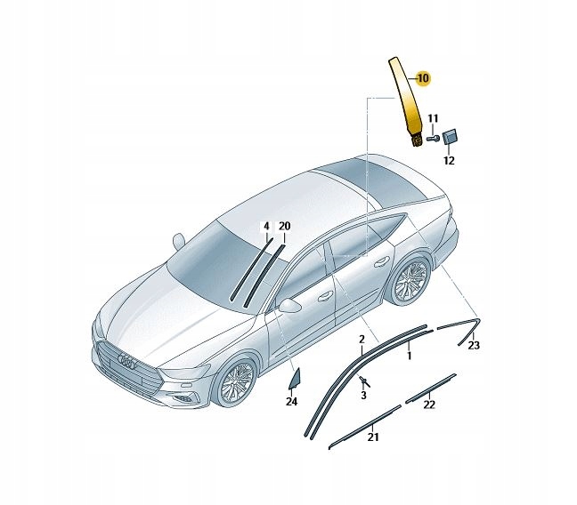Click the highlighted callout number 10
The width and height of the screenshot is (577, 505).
(422, 79)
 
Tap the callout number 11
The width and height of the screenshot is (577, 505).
(433, 118)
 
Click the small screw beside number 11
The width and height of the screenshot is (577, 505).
(432, 138)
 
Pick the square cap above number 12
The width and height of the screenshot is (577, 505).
(450, 136)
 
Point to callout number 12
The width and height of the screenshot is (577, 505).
(449, 161)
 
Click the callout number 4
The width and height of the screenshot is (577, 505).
(265, 227)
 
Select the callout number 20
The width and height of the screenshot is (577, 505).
(284, 227)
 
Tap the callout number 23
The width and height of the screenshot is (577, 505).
(474, 345)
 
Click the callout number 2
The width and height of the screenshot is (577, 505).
(362, 340)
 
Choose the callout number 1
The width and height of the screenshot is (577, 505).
(409, 356)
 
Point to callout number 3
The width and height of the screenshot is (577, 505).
(363, 395)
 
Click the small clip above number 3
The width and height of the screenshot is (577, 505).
(362, 381)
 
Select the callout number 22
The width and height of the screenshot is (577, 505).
(429, 405)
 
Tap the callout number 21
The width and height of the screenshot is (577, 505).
(372, 436)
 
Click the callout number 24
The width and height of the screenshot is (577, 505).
(291, 402)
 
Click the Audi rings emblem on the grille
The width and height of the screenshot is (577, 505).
(126, 362)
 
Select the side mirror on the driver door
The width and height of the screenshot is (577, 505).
(288, 305)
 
